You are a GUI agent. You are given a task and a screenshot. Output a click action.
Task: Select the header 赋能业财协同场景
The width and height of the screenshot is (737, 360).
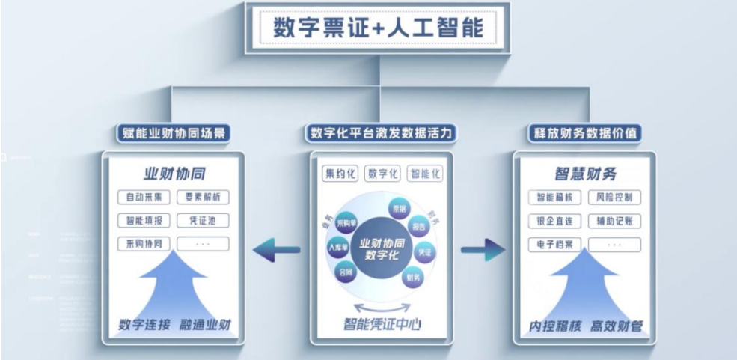click(172, 134)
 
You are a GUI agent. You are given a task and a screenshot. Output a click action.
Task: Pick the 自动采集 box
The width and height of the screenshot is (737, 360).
click(144, 198)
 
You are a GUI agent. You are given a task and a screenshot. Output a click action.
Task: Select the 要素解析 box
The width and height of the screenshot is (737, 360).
click(203, 198)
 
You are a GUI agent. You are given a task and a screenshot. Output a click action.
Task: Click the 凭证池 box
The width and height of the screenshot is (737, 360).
click(203, 221)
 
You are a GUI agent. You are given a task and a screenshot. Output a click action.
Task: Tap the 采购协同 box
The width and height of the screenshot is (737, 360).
click(144, 244)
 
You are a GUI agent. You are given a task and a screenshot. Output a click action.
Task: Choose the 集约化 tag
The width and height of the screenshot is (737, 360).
click(340, 174)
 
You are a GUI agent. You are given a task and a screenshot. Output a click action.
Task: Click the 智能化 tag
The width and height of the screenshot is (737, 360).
click(424, 174)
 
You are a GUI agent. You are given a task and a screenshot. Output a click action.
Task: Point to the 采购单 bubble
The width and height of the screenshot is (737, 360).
click(346, 222)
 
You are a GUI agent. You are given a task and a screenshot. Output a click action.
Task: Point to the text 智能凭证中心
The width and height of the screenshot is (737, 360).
click(382, 326)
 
